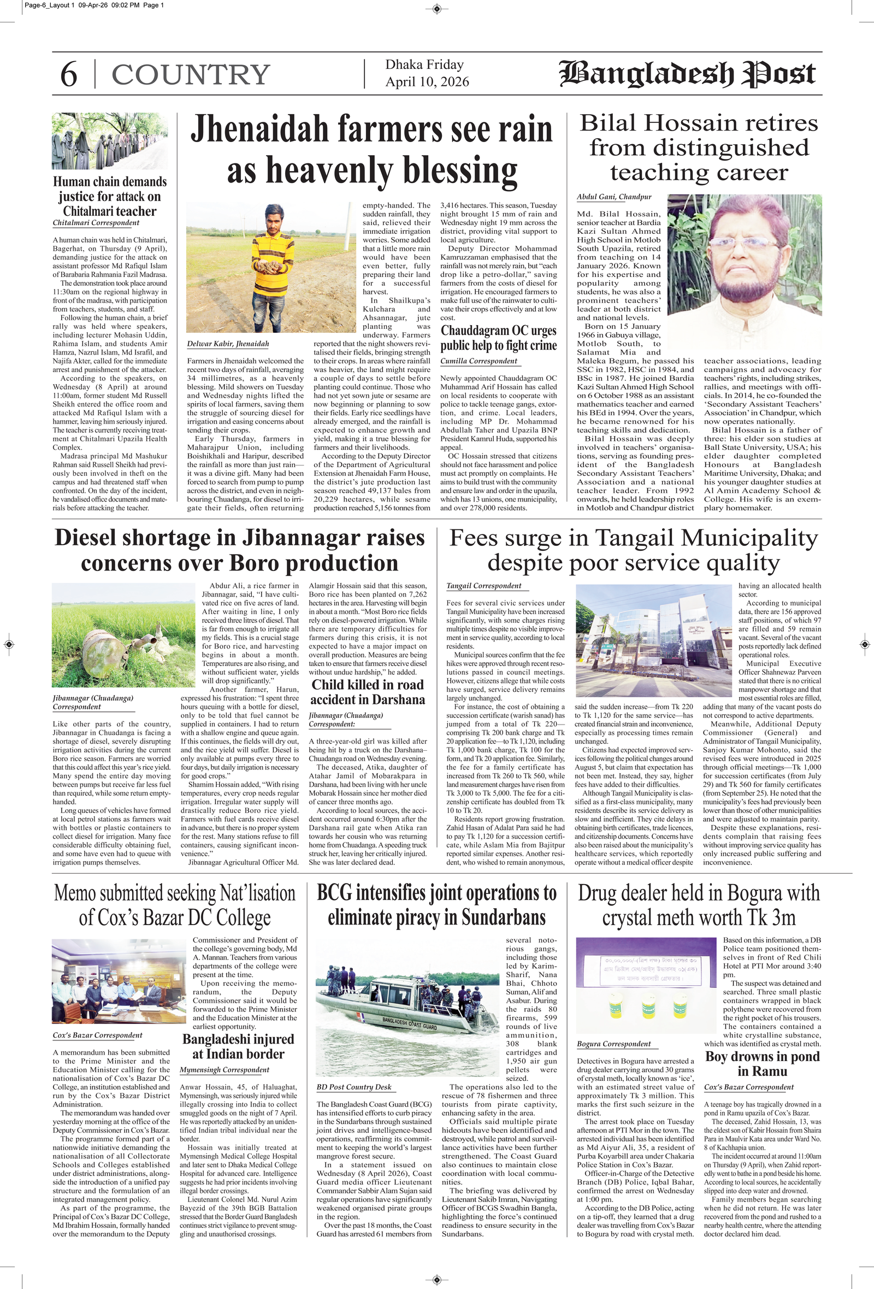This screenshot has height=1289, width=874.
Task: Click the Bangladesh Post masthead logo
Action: coord(688,74)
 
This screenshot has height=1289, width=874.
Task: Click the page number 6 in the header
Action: coord(68,74)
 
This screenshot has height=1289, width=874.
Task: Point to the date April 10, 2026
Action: coord(427,82)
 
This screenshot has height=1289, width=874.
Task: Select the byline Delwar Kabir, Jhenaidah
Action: coord(227,344)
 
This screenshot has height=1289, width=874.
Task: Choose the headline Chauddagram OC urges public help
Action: coord(499,338)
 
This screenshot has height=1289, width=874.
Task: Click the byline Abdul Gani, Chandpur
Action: coord(614,197)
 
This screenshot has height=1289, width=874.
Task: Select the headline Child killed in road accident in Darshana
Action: coord(368,692)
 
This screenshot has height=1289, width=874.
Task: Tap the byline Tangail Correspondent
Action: coord(483,586)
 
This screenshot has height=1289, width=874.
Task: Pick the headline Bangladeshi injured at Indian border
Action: coord(239,1046)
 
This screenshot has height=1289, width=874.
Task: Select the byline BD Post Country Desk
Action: coord(354,1087)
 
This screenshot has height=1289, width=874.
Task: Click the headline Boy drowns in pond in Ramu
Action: coord(762,1063)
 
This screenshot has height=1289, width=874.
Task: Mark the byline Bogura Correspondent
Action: coord(613,1044)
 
